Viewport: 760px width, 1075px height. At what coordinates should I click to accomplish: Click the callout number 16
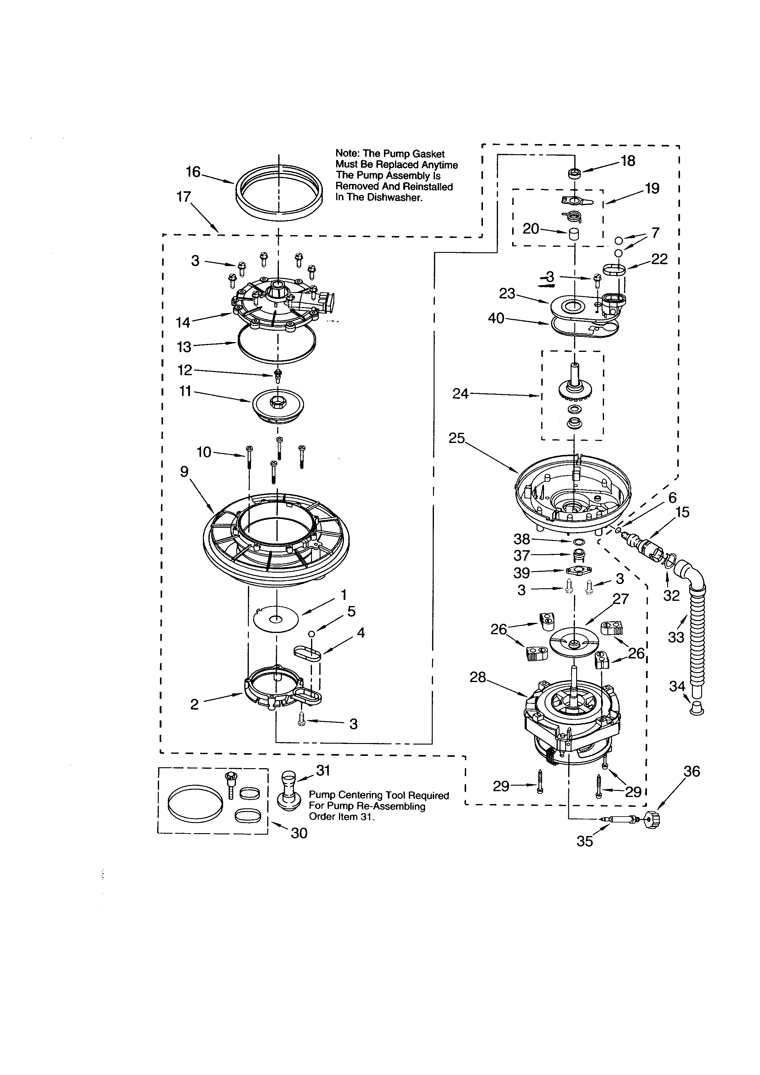[193, 172]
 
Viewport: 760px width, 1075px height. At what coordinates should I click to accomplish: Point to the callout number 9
[184, 471]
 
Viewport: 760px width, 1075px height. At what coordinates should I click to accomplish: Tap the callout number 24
[461, 394]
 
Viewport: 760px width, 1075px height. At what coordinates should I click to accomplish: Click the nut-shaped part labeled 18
[574, 173]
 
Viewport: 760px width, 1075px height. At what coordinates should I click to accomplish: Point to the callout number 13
[184, 347]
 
